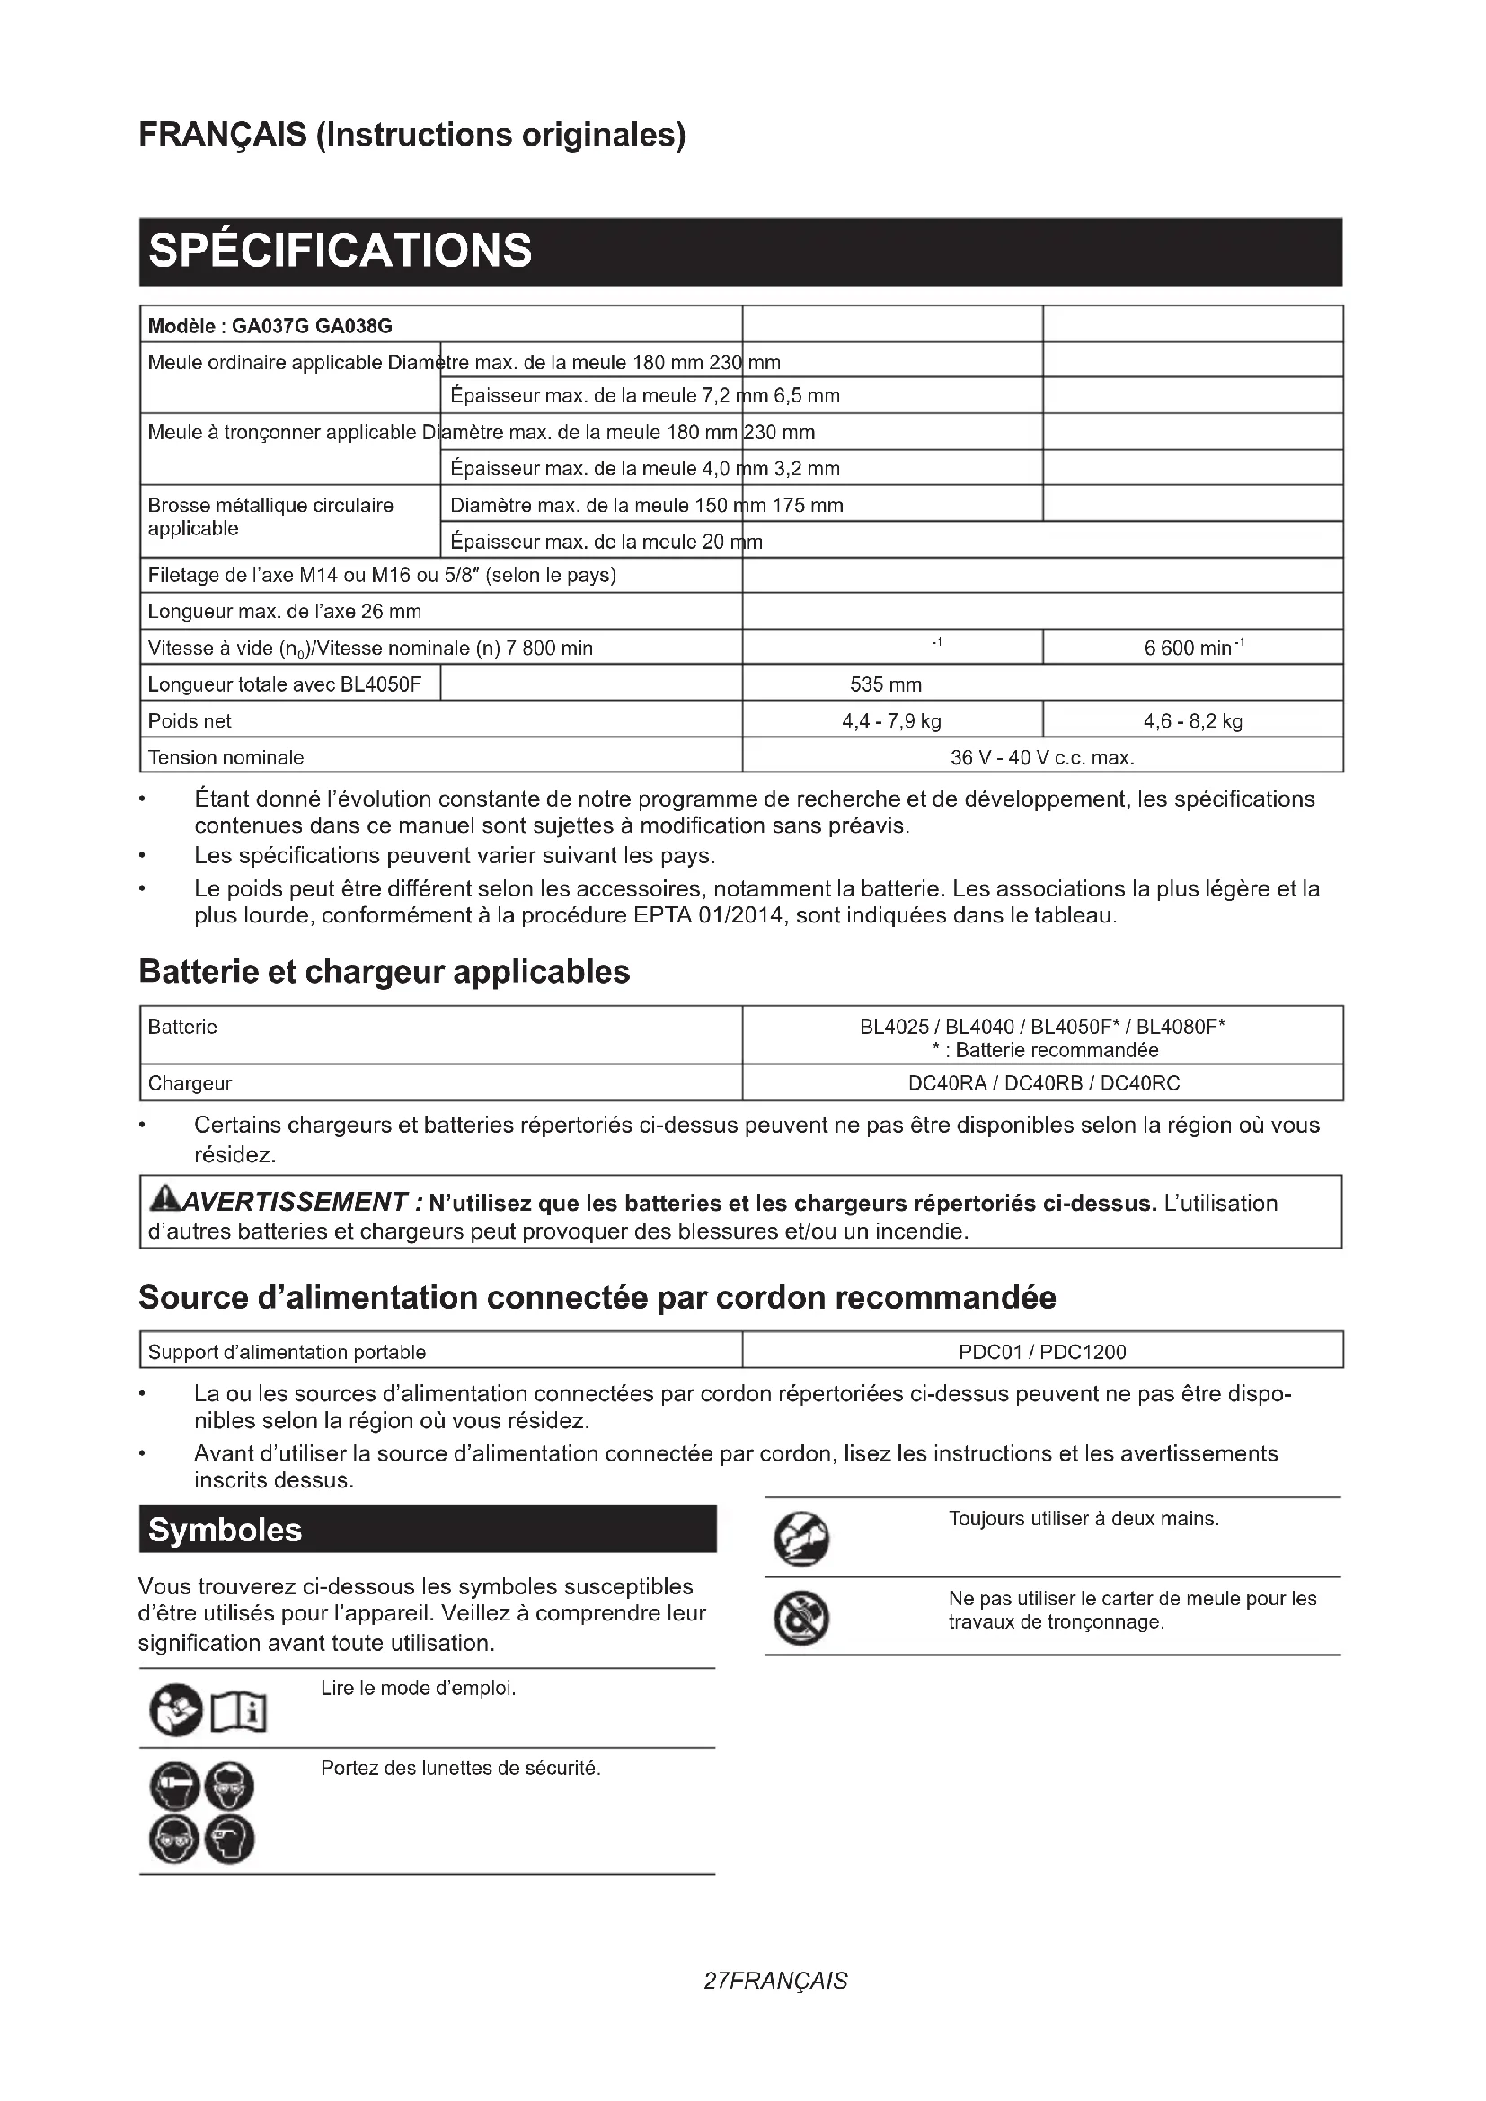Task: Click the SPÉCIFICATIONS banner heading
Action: pyautogui.click(x=340, y=251)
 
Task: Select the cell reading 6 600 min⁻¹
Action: pyautogui.click(x=1192, y=648)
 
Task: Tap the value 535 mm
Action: pyautogui.click(x=885, y=684)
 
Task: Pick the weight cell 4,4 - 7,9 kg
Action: pyautogui.click(x=891, y=721)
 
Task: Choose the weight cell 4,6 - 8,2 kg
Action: pyautogui.click(x=1192, y=721)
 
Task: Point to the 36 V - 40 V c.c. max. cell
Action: pyautogui.click(x=1042, y=758)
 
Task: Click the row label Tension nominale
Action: pyautogui.click(x=226, y=758)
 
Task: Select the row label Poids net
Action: pyautogui.click(x=190, y=721)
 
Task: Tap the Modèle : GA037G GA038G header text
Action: pyautogui.click(x=270, y=326)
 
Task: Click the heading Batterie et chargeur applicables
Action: pyautogui.click(x=385, y=971)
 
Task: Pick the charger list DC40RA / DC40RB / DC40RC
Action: pyautogui.click(x=1043, y=1083)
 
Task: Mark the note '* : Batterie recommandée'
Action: pyautogui.click(x=1044, y=1051)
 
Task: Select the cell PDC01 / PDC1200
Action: pyautogui.click(x=1042, y=1352)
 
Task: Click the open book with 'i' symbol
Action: pyautogui.click(x=239, y=1712)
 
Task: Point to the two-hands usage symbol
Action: pyautogui.click(x=801, y=1540)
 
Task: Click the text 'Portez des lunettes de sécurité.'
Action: pyautogui.click(x=460, y=1769)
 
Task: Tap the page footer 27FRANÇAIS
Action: pyautogui.click(x=775, y=1982)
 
